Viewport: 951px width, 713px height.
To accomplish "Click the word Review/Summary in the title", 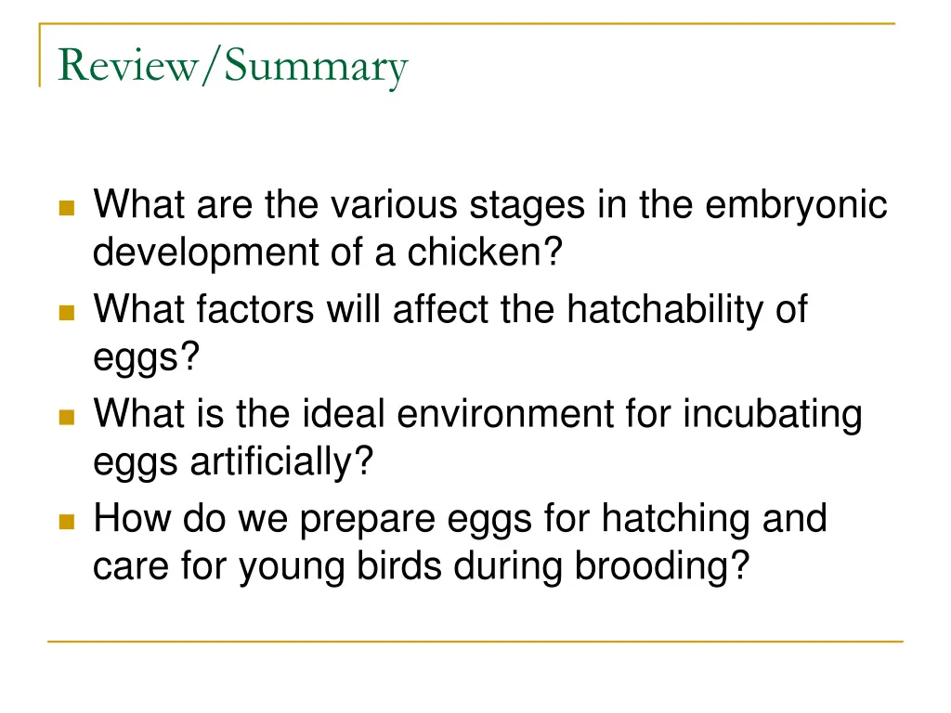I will [x=232, y=67].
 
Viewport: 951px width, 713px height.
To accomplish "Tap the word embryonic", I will [x=796, y=205].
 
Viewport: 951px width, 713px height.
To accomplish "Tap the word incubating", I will [x=773, y=413].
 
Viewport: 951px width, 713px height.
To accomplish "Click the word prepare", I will [x=367, y=518].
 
